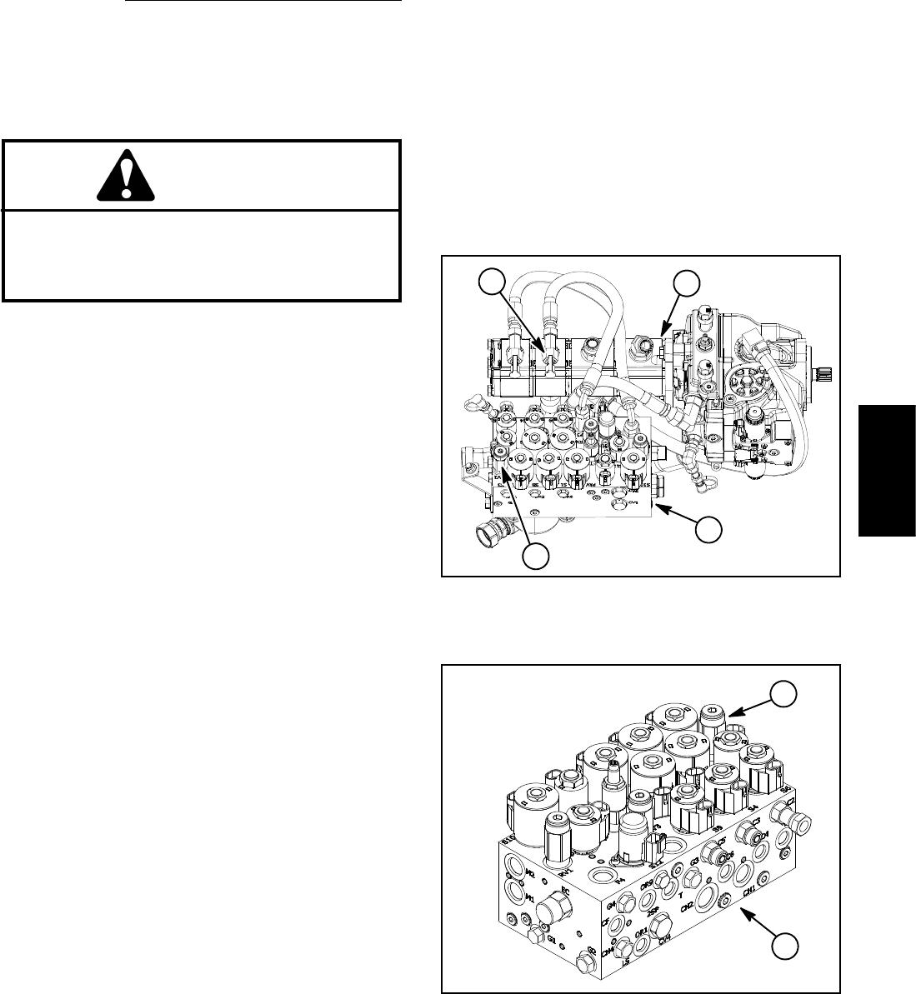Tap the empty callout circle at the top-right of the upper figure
click(x=685, y=283)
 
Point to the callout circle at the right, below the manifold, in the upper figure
click(x=708, y=530)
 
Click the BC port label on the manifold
click(x=565, y=891)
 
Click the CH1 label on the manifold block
click(x=749, y=890)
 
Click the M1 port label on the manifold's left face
click(x=530, y=897)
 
